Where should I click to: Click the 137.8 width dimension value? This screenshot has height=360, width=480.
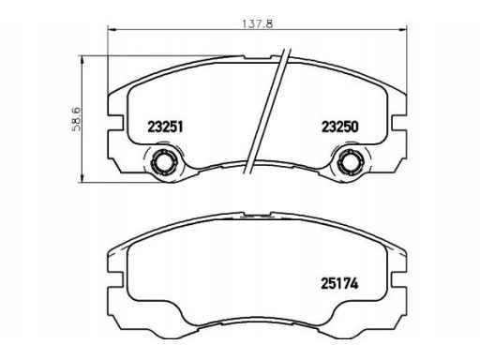coord(258,23)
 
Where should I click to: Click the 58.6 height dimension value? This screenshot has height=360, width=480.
coord(77,119)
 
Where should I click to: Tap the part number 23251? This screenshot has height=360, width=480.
coord(165,127)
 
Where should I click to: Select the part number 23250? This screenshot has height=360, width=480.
coord(340,127)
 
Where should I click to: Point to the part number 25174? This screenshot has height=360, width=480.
coord(339,284)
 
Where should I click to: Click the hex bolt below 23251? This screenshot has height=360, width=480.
coord(163,162)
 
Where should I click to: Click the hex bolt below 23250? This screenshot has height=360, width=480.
coord(349,162)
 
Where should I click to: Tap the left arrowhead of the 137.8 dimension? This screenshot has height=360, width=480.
coord(112,30)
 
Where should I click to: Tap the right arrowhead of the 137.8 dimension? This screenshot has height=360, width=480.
coord(403,30)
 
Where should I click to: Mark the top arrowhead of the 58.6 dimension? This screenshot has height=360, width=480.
coord(82,60)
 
